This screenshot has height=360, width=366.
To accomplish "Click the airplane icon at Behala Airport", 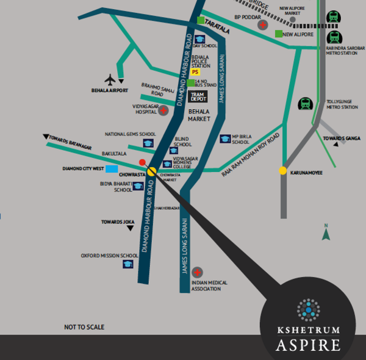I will click(110, 79).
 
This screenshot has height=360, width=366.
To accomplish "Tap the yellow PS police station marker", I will click(195, 72).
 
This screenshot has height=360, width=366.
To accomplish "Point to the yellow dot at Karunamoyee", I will click(283, 171).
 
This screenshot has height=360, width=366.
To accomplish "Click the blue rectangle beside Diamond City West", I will click(112, 168).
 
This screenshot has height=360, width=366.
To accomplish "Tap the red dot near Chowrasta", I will click(142, 162).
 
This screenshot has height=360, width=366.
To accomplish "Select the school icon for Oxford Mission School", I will click(128, 264).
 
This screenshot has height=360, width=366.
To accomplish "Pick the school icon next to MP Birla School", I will click(225, 139).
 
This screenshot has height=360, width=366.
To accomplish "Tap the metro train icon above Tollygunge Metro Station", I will click(304, 104).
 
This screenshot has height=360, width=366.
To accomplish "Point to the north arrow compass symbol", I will click(326, 232).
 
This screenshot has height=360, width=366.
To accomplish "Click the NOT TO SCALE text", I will click(84, 328).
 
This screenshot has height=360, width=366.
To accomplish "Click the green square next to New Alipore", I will click(279, 34).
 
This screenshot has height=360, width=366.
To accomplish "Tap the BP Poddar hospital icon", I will click(262, 26).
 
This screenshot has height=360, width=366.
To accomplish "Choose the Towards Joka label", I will click(118, 221).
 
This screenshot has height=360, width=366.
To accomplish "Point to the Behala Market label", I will click(199, 115).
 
